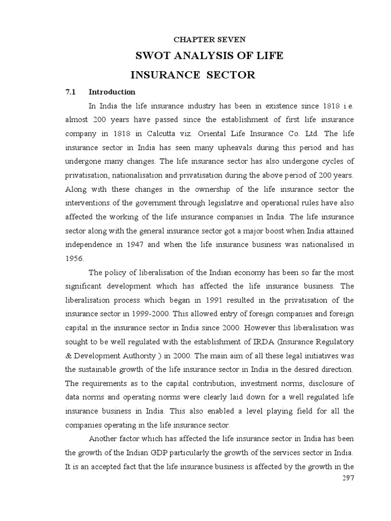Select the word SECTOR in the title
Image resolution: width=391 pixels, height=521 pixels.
(230, 75)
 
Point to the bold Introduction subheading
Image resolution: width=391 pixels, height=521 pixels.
(112, 92)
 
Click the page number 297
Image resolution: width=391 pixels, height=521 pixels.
(346, 478)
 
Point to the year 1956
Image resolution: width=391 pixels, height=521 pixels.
(74, 258)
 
